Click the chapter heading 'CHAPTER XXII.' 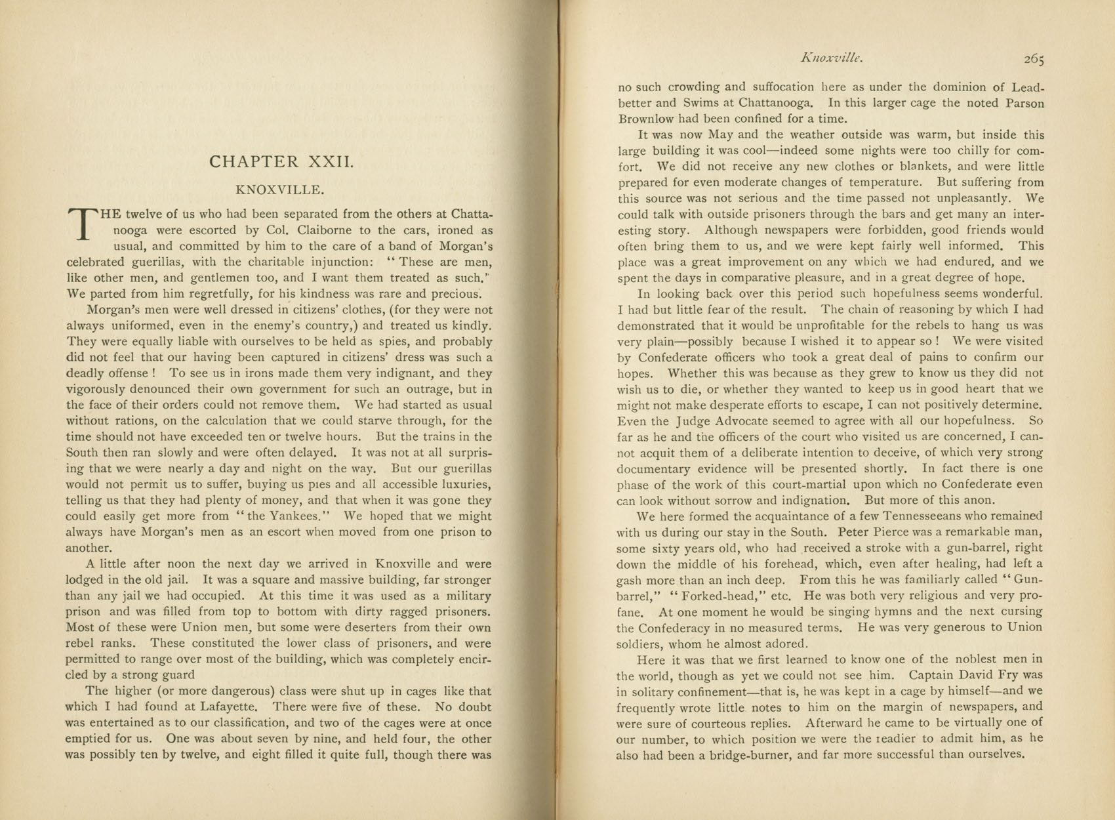(281, 161)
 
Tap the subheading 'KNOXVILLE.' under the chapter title (280, 190)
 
